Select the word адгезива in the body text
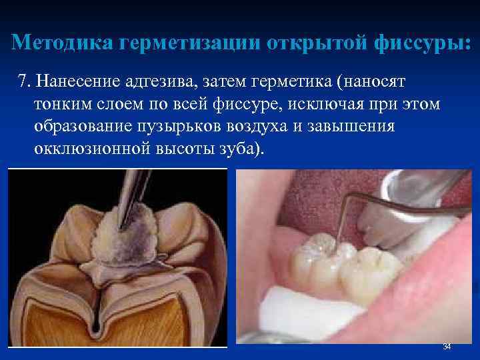[x=154, y=81]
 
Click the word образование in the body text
[x=79, y=126]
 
